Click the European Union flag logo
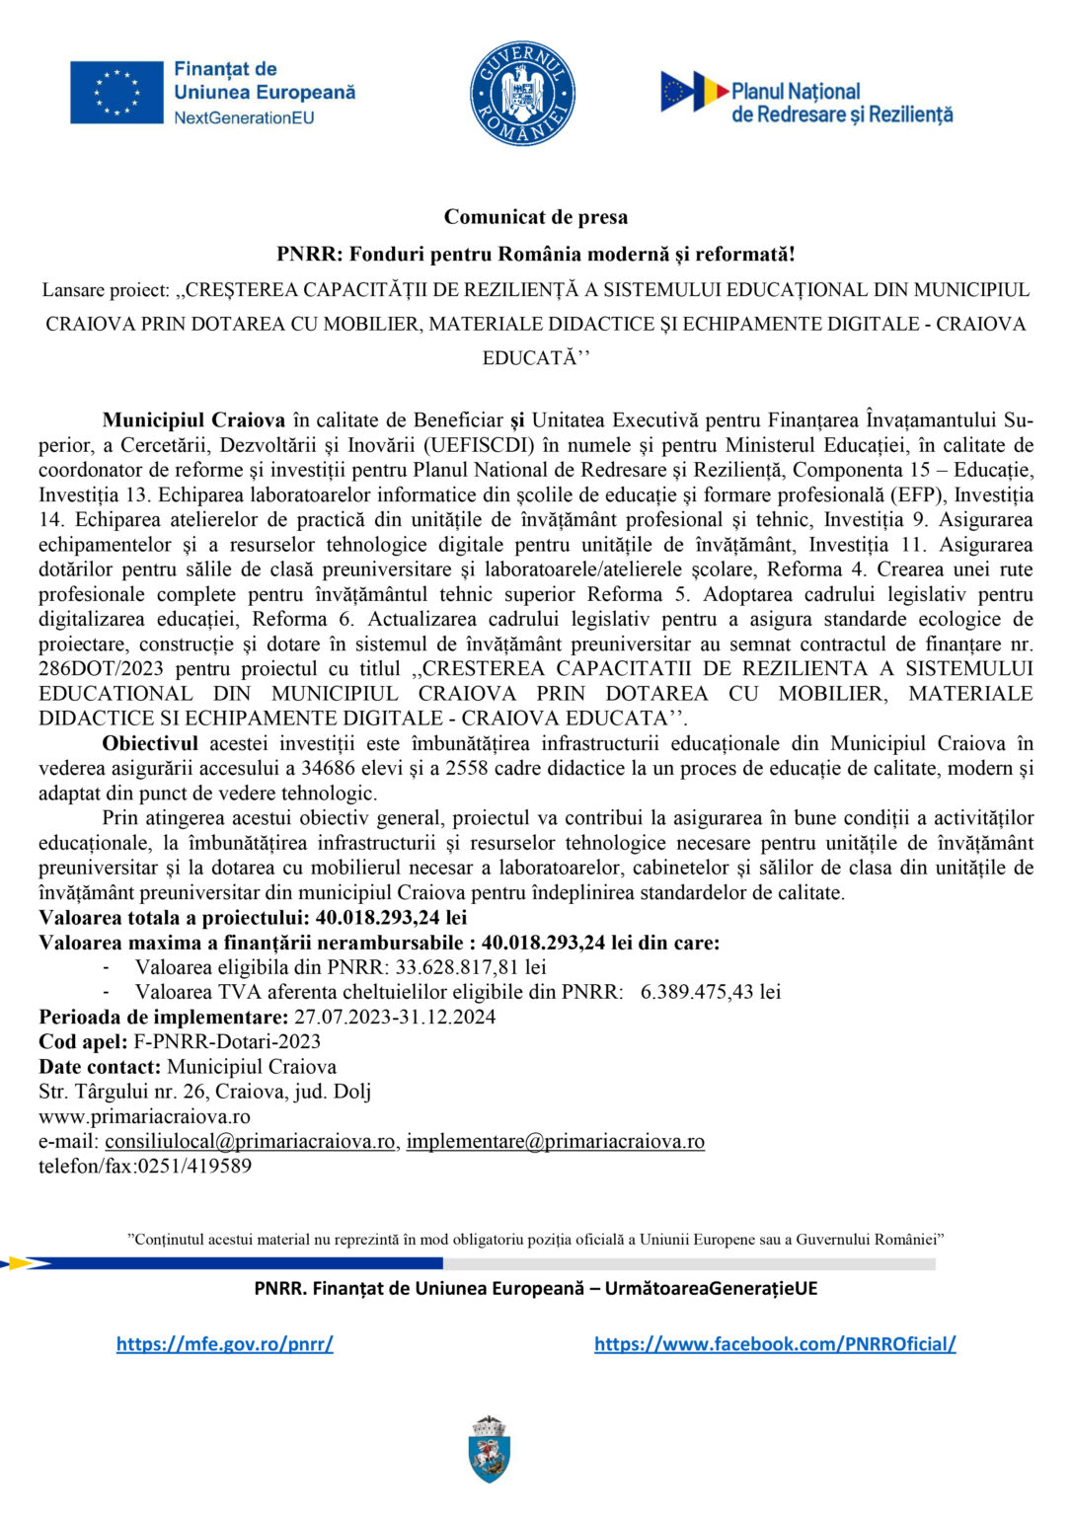tap(116, 93)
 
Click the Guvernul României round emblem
tap(522, 94)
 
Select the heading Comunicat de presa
tap(535, 217)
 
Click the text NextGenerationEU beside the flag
tap(244, 117)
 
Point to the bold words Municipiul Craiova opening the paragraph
tap(193, 420)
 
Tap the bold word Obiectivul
tap(150, 743)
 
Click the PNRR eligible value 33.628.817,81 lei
tap(470, 967)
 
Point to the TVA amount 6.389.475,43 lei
tap(711, 992)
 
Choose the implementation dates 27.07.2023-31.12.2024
tap(395, 1017)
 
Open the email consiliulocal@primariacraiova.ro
tap(250, 1141)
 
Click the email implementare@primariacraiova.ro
tap(555, 1141)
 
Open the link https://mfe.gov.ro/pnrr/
tap(224, 1343)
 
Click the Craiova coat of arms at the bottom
tap(490, 1450)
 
